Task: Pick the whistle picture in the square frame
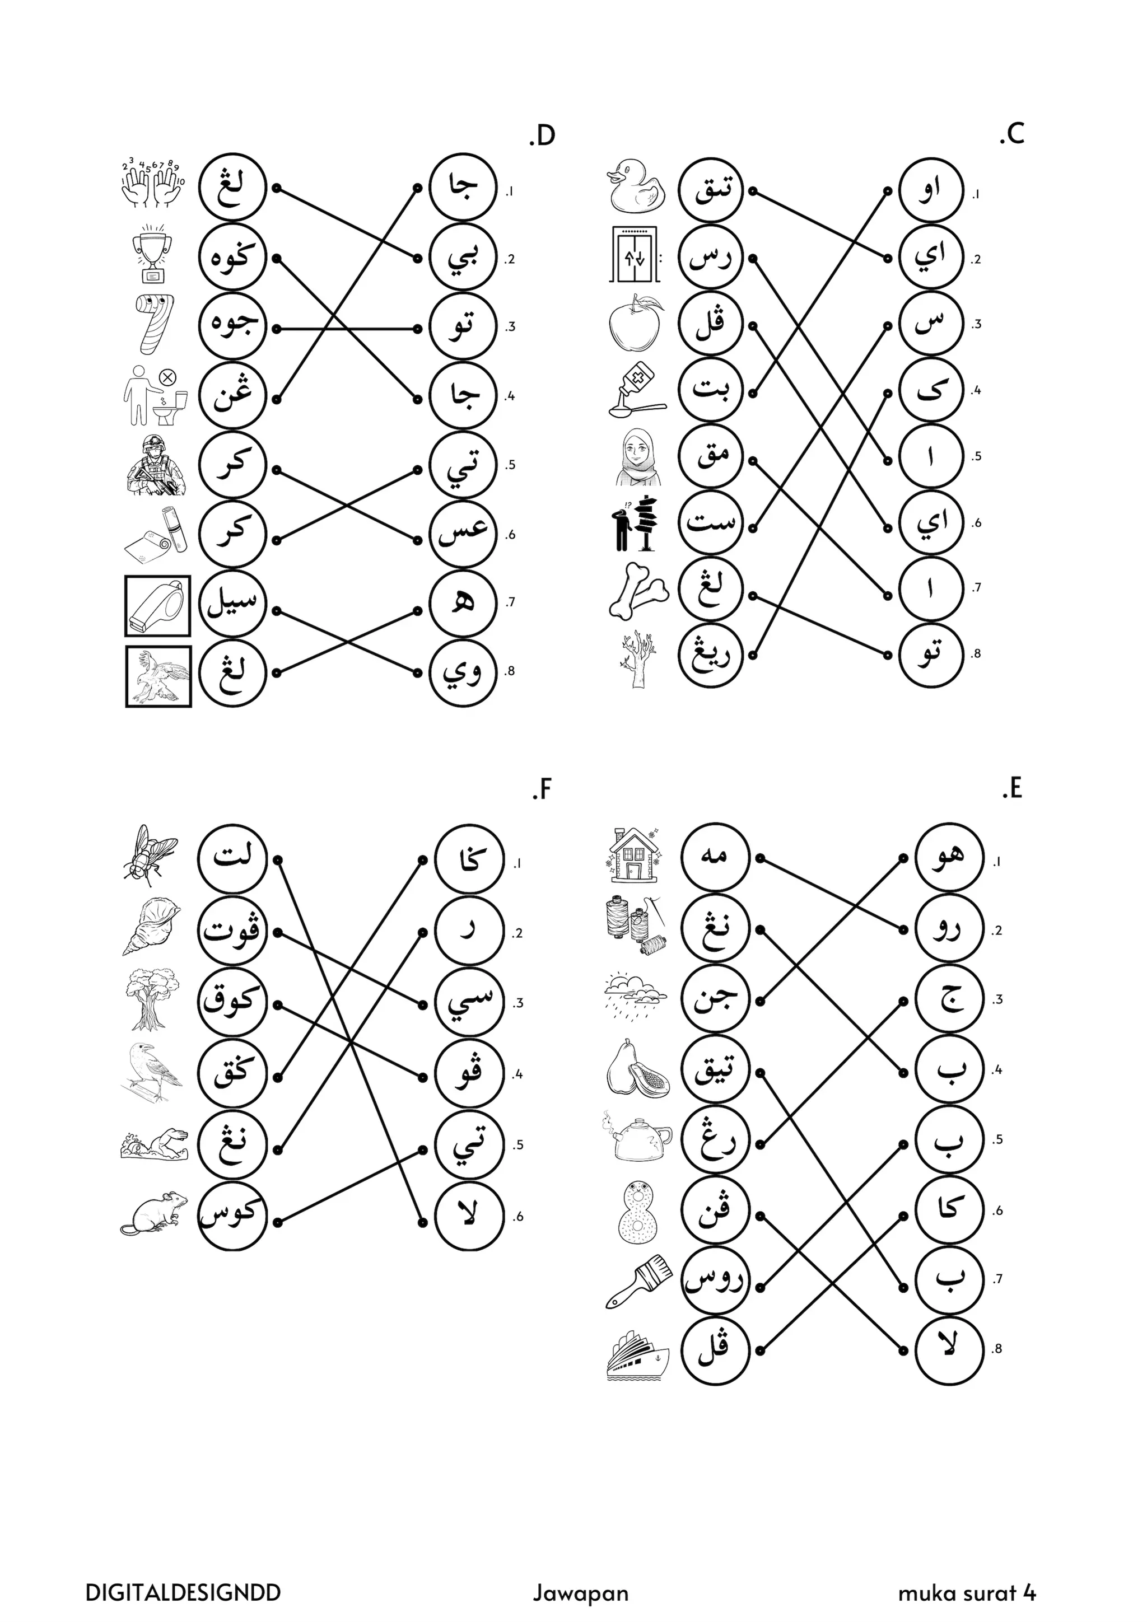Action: pos(157,606)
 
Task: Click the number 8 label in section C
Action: pos(976,654)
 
